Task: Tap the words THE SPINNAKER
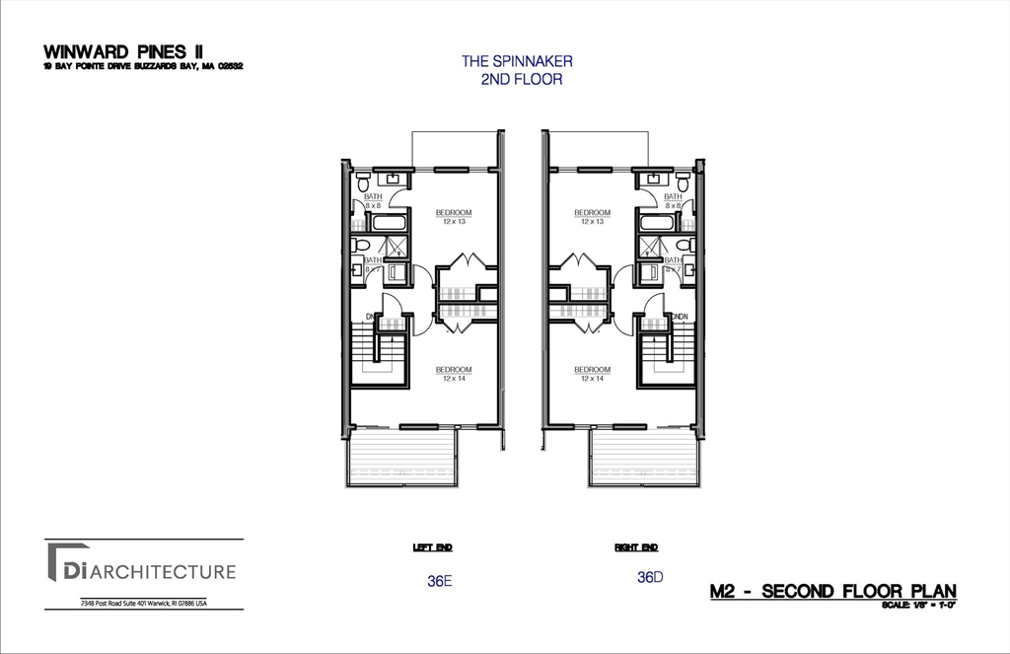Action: coord(517,61)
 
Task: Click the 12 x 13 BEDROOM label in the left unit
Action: coord(454,216)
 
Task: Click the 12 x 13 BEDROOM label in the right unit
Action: coord(592,216)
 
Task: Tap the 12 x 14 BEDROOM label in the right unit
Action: coord(592,373)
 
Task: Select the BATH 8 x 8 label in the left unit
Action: coord(373,200)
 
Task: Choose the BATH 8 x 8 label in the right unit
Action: coord(673,200)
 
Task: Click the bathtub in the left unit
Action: coord(383,221)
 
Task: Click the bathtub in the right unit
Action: coord(656,221)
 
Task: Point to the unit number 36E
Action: coord(439,581)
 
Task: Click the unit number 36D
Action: coord(648,577)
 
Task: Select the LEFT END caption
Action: coord(432,547)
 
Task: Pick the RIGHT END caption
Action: coord(636,547)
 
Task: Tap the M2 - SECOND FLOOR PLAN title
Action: coord(832,591)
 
